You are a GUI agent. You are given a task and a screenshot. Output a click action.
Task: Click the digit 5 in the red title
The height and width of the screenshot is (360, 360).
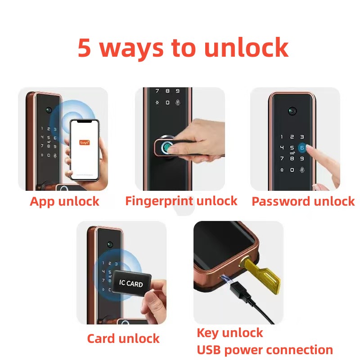pyautogui.click(x=84, y=48)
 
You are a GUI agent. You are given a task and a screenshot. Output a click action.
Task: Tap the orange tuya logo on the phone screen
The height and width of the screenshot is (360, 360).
pyautogui.click(x=85, y=143)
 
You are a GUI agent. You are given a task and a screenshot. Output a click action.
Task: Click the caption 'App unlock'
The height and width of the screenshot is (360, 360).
pyautogui.click(x=64, y=201)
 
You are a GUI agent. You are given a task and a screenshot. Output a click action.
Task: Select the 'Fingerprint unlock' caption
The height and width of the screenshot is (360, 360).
pyautogui.click(x=181, y=201)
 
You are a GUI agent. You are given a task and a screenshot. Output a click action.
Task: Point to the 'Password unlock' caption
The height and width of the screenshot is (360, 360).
pyautogui.click(x=303, y=201)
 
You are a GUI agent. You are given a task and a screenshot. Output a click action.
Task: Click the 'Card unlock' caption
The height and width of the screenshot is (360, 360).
pyautogui.click(x=123, y=338)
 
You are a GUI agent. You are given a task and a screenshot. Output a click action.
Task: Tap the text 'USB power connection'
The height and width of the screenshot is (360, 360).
pyautogui.click(x=265, y=350)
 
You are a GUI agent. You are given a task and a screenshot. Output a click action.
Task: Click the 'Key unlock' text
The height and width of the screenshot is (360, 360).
pyautogui.click(x=230, y=333)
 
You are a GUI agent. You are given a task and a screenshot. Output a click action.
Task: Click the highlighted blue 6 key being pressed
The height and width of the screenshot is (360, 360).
pyautogui.click(x=302, y=148)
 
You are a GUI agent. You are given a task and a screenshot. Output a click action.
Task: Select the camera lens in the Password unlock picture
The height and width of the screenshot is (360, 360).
pyautogui.click(x=292, y=111)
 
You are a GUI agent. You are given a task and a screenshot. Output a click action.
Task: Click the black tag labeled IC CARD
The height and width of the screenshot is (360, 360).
pyautogui.click(x=131, y=283)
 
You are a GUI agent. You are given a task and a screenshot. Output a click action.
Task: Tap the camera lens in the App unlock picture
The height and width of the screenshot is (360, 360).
pyautogui.click(x=49, y=110)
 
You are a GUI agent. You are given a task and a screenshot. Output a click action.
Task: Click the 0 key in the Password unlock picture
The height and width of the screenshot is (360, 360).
pyautogui.click(x=292, y=170)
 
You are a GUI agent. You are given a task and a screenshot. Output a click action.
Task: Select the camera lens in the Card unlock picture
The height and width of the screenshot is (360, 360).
pyautogui.click(x=110, y=244)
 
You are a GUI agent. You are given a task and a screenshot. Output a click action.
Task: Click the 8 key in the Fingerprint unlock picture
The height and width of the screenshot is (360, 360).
pyautogui.click(x=167, y=91)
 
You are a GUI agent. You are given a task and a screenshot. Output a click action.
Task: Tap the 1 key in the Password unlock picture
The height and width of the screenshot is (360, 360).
pyautogui.click(x=282, y=137)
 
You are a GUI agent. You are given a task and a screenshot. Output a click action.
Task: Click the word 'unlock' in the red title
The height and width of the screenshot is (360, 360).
pyautogui.click(x=246, y=48)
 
